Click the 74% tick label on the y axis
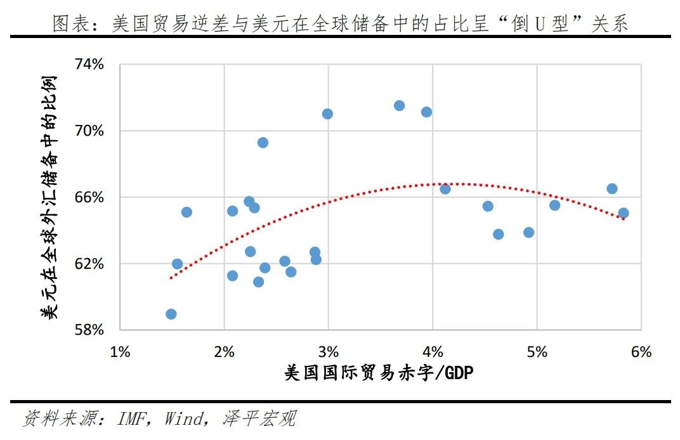click(90, 65)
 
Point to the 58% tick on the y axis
click(90, 330)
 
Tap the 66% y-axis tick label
click(90, 197)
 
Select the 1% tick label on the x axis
click(120, 351)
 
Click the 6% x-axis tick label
click(641, 351)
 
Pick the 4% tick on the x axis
click(433, 351)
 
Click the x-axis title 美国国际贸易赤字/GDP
click(379, 373)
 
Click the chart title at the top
click(340, 23)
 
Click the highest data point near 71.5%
click(399, 106)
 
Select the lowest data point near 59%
click(171, 314)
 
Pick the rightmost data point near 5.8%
click(623, 214)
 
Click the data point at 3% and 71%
click(327, 114)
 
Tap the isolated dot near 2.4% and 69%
click(263, 143)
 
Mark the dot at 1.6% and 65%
click(186, 212)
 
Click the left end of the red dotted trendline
click(171, 278)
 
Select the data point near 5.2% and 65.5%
click(554, 205)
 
